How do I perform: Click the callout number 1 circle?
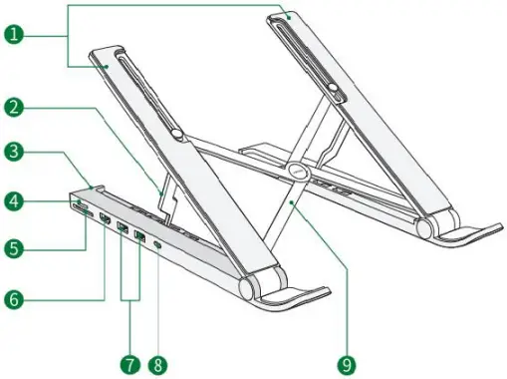coord(14,34)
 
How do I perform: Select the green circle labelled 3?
coord(14,153)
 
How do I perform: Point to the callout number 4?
coord(14,201)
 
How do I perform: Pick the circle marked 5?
coord(14,246)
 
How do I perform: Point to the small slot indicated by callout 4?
coord(78,204)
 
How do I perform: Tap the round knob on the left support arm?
coord(175,134)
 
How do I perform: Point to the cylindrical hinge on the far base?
coord(424,227)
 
